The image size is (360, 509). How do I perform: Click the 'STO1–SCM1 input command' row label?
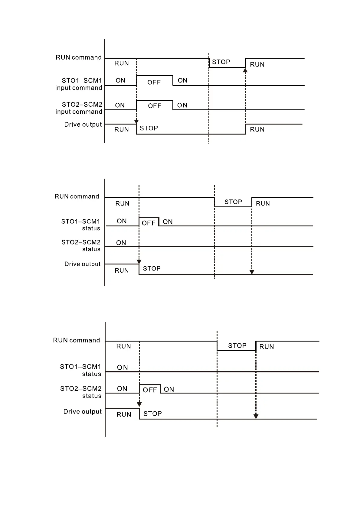pyautogui.click(x=79, y=84)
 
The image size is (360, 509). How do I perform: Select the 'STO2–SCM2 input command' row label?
pyautogui.click(x=79, y=108)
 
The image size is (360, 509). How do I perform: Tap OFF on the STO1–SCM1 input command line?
pyautogui.click(x=154, y=82)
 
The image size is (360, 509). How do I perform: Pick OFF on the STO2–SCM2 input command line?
pyautogui.click(x=155, y=106)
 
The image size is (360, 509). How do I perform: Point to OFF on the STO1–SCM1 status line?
pyautogui.click(x=149, y=223)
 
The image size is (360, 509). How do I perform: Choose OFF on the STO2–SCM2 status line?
pyautogui.click(x=150, y=390)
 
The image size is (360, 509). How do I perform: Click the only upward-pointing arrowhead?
pyautogui.click(x=245, y=70)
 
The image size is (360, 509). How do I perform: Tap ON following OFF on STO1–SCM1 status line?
pyautogui.click(x=168, y=222)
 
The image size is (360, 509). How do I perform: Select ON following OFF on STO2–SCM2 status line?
pyautogui.click(x=169, y=389)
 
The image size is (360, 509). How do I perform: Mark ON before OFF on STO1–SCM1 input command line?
pyautogui.click(x=120, y=80)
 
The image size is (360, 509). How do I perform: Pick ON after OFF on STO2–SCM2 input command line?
pyautogui.click(x=182, y=105)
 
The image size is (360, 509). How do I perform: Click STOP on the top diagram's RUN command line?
pyautogui.click(x=221, y=62)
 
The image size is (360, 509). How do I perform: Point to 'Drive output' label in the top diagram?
pyautogui.click(x=83, y=125)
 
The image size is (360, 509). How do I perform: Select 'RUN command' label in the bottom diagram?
pyautogui.click(x=77, y=340)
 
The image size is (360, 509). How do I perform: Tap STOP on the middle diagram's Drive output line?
pyautogui.click(x=152, y=268)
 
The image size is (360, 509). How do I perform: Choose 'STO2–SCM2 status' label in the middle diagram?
pyautogui.click(x=81, y=246)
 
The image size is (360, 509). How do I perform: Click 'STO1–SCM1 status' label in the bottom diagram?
pyautogui.click(x=81, y=370)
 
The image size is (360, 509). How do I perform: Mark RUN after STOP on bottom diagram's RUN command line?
pyautogui.click(x=267, y=347)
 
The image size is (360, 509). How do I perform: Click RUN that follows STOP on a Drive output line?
pyautogui.click(x=257, y=129)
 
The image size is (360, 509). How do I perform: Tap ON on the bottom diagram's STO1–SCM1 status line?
pyautogui.click(x=123, y=367)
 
